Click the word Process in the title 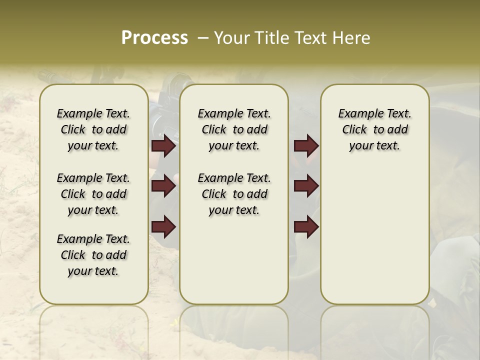click(x=154, y=38)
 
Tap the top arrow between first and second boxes click(x=163, y=146)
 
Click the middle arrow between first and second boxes click(x=163, y=186)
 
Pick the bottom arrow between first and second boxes click(x=163, y=226)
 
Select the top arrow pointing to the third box click(x=306, y=146)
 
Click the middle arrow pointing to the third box click(x=306, y=186)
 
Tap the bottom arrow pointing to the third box click(x=306, y=226)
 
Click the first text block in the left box click(x=93, y=129)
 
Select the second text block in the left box click(x=93, y=194)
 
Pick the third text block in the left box click(x=93, y=255)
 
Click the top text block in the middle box click(x=234, y=129)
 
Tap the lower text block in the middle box click(x=234, y=194)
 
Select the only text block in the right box click(x=374, y=129)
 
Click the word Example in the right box click(x=357, y=114)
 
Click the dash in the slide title click(x=202, y=38)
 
